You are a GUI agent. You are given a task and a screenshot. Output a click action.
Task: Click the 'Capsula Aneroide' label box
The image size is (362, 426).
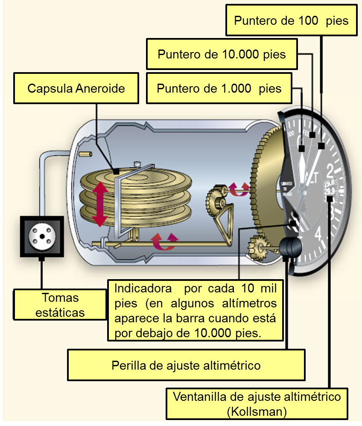[76, 88]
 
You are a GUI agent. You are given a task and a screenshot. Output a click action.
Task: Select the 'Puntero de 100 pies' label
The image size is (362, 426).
[291, 20]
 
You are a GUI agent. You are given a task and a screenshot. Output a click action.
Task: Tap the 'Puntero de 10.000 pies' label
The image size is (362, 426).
[222, 54]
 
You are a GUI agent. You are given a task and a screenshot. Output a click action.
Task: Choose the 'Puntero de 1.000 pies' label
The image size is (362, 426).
[219, 88]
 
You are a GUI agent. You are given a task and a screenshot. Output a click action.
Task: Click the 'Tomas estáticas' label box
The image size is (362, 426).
[60, 305]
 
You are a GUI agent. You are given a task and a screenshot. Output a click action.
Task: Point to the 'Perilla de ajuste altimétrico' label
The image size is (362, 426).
[186, 365]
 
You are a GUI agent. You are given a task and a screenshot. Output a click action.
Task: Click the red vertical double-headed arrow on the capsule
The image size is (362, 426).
[99, 204]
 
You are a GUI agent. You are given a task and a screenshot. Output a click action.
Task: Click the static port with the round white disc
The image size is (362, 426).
[42, 236]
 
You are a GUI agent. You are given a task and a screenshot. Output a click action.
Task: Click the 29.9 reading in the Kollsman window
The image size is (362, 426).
[329, 191]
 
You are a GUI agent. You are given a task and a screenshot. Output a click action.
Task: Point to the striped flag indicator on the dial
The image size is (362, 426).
[295, 219]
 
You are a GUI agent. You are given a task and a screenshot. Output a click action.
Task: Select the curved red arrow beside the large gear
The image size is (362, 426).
[238, 190]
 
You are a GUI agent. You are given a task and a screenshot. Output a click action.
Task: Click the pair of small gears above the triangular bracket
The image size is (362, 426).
[216, 198]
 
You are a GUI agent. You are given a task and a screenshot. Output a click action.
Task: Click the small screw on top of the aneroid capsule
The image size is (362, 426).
[137, 164]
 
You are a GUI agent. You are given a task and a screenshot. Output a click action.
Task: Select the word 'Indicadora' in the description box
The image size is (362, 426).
[143, 288]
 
